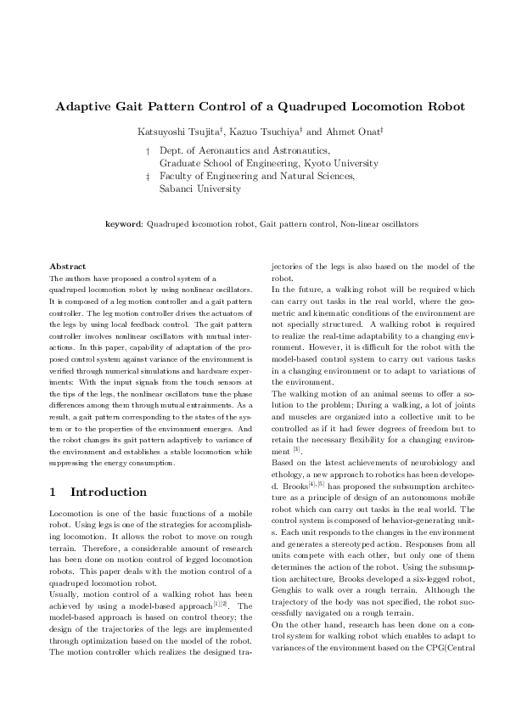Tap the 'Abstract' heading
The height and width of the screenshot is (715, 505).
pyautogui.click(x=68, y=267)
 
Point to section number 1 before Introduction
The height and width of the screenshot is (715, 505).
pyautogui.click(x=53, y=492)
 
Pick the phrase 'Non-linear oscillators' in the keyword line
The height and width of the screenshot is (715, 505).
pyautogui.click(x=379, y=224)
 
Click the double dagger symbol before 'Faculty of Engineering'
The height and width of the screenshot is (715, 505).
pyautogui.click(x=149, y=177)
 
